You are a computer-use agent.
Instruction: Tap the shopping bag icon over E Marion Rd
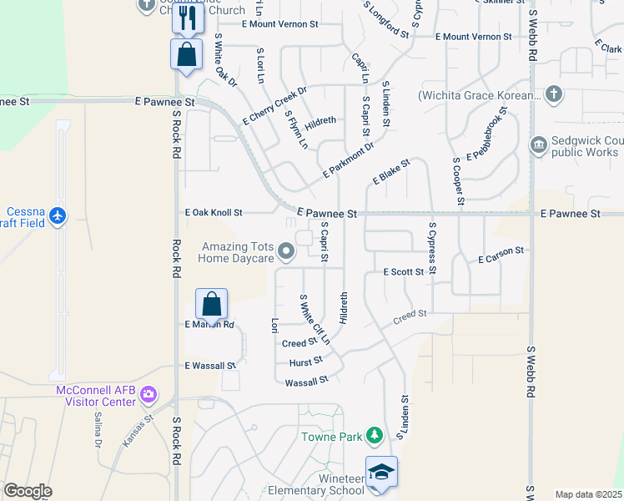[x=212, y=305]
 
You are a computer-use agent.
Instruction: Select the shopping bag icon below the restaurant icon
[x=187, y=54]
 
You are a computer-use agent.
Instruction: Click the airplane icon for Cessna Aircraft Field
[x=58, y=216]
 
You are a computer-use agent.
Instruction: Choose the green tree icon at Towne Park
[x=375, y=435]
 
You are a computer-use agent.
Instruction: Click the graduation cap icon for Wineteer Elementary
[x=381, y=472]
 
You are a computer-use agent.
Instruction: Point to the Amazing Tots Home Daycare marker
[x=286, y=250]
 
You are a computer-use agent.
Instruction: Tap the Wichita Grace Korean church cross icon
[x=552, y=94]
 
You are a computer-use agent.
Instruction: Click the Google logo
[x=28, y=491]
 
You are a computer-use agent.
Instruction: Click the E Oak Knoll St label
[x=214, y=213]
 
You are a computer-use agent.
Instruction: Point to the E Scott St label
[x=405, y=272]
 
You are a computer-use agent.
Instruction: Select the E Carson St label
[x=501, y=256]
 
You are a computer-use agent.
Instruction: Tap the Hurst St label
[x=306, y=362]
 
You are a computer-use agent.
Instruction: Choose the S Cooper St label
[x=458, y=180]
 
